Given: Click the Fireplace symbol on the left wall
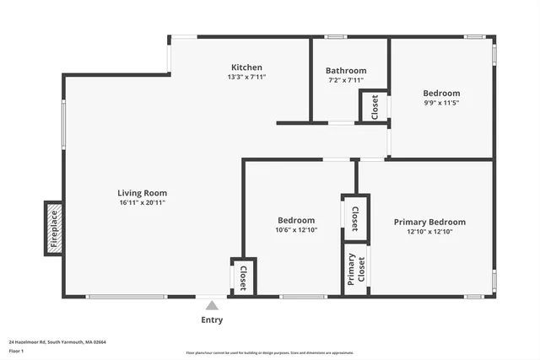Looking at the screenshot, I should click(53, 228).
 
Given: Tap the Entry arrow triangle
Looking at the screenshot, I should click(212, 305).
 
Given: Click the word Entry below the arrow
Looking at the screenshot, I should click(212, 320).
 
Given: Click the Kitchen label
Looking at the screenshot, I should click(247, 67).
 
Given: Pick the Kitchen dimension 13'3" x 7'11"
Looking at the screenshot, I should click(247, 77).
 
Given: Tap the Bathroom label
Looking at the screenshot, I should click(346, 71).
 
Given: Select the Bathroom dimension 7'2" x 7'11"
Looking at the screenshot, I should click(346, 80).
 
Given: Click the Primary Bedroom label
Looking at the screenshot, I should click(429, 222).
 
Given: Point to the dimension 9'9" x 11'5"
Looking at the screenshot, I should click(441, 103).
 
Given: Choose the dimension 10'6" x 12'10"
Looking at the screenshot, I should click(295, 229).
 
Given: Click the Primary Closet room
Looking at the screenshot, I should click(355, 270).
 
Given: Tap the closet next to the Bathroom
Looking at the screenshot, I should click(374, 107).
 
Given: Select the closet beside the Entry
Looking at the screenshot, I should click(243, 277).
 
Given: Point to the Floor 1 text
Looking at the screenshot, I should click(16, 351).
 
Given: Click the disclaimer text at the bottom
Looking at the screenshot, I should click(270, 352).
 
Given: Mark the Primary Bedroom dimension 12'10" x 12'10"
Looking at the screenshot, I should click(429, 232).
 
